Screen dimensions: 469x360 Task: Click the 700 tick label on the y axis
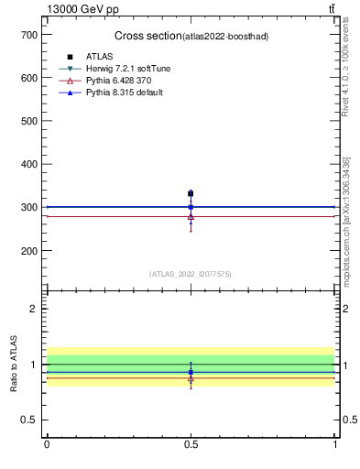[27, 34]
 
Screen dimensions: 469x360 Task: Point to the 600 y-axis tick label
[27, 77]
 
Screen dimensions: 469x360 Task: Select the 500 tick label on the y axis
[27, 120]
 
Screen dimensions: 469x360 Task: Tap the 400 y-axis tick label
[27, 164]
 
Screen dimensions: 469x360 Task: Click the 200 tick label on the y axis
[27, 250]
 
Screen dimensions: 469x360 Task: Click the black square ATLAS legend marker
[70, 57]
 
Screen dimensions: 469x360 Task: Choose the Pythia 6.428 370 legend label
[119, 81]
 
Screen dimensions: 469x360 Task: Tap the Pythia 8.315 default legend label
[125, 93]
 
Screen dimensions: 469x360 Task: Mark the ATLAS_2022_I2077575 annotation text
[191, 274]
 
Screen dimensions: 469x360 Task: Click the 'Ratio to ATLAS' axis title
[14, 365]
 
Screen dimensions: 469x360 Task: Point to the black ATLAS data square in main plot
[191, 193]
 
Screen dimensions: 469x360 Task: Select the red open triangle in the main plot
[191, 217]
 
